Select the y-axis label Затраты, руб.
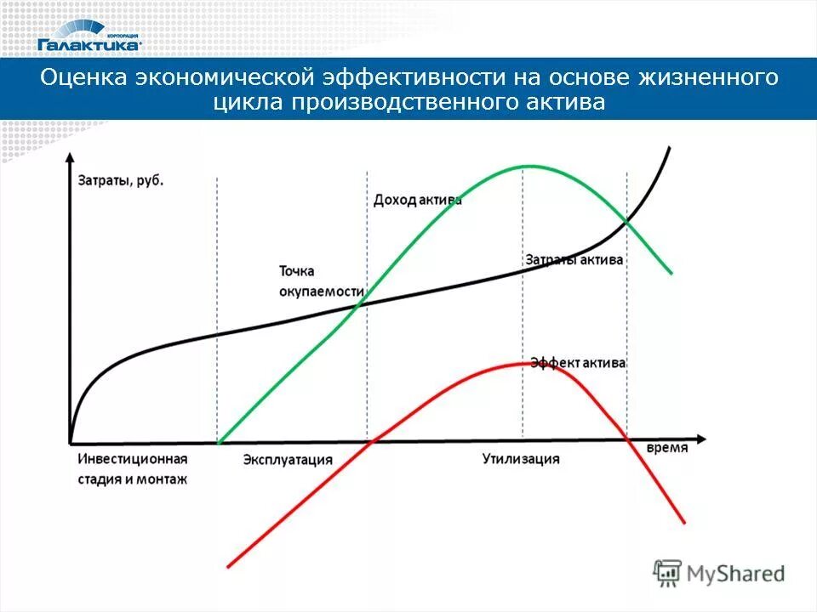coord(121,181)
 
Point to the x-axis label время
coord(666,448)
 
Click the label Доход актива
coord(417,200)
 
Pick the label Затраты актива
coord(574,259)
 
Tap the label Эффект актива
coord(578,363)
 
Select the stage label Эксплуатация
coord(287,460)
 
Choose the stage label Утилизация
coord(521,459)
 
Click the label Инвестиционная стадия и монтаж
coord(132,468)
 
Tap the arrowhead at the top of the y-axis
coord(69,156)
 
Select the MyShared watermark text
coord(737,573)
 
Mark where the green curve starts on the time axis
coord(220,442)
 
